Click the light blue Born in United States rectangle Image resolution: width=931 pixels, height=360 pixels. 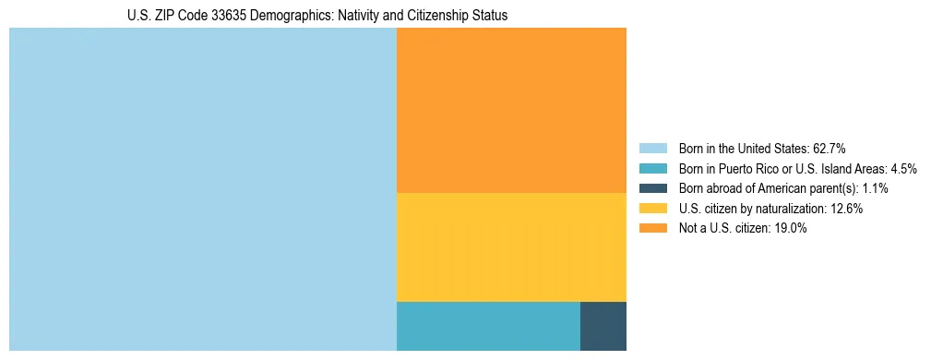pos(202,189)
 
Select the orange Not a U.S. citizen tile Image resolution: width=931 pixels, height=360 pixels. pos(511,110)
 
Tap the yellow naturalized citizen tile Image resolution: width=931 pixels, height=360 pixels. pos(511,246)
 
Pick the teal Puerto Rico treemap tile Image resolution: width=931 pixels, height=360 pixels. pos(488,326)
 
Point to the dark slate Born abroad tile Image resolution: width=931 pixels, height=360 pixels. pos(603,326)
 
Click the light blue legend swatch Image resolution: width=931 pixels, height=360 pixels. pos(653,148)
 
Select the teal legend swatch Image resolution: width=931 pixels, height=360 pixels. pos(653,168)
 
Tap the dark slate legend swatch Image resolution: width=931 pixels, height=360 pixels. pos(653,188)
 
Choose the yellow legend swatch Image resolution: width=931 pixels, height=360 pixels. pos(653,209)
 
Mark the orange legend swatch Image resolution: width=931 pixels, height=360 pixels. pos(653,228)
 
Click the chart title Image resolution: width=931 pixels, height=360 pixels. pos(317,16)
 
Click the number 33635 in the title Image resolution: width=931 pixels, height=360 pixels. pos(217,16)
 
